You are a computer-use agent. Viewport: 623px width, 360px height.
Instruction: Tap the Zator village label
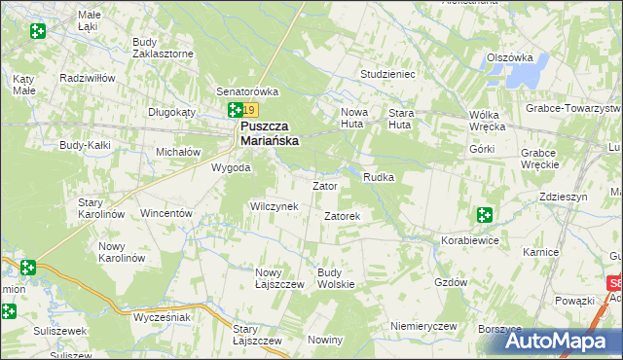[x=324, y=185]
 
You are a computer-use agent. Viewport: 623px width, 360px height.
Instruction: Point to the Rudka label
[x=378, y=177]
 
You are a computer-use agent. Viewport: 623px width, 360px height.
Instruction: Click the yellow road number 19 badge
[x=250, y=112]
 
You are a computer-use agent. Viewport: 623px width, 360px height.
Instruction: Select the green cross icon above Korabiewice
[x=484, y=215]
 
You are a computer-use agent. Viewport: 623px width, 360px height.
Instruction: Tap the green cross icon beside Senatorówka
[x=235, y=112]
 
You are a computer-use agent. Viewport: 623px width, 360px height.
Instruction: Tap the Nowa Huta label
[x=354, y=119]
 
